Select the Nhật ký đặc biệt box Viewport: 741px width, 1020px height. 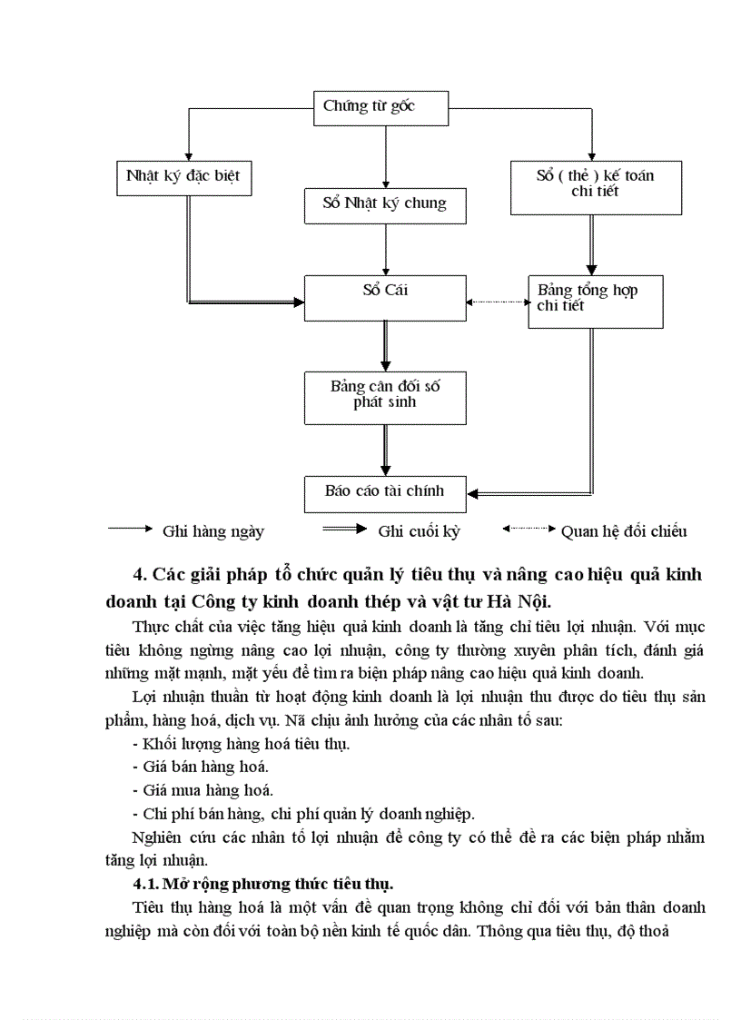tap(184, 177)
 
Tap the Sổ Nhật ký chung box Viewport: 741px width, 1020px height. tap(386, 204)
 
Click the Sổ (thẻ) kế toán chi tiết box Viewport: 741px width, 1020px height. tap(596, 185)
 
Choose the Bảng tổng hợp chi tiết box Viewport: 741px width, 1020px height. tap(596, 300)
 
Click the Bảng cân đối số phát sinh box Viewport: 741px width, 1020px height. tap(386, 397)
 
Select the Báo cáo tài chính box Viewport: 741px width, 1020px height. tap(386, 491)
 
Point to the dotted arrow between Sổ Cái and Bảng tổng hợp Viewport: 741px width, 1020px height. tap(498, 302)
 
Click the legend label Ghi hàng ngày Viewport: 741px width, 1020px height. tap(212, 532)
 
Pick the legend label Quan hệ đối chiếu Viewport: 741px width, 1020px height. tap(624, 532)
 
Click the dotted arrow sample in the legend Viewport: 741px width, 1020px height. tap(529, 529)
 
